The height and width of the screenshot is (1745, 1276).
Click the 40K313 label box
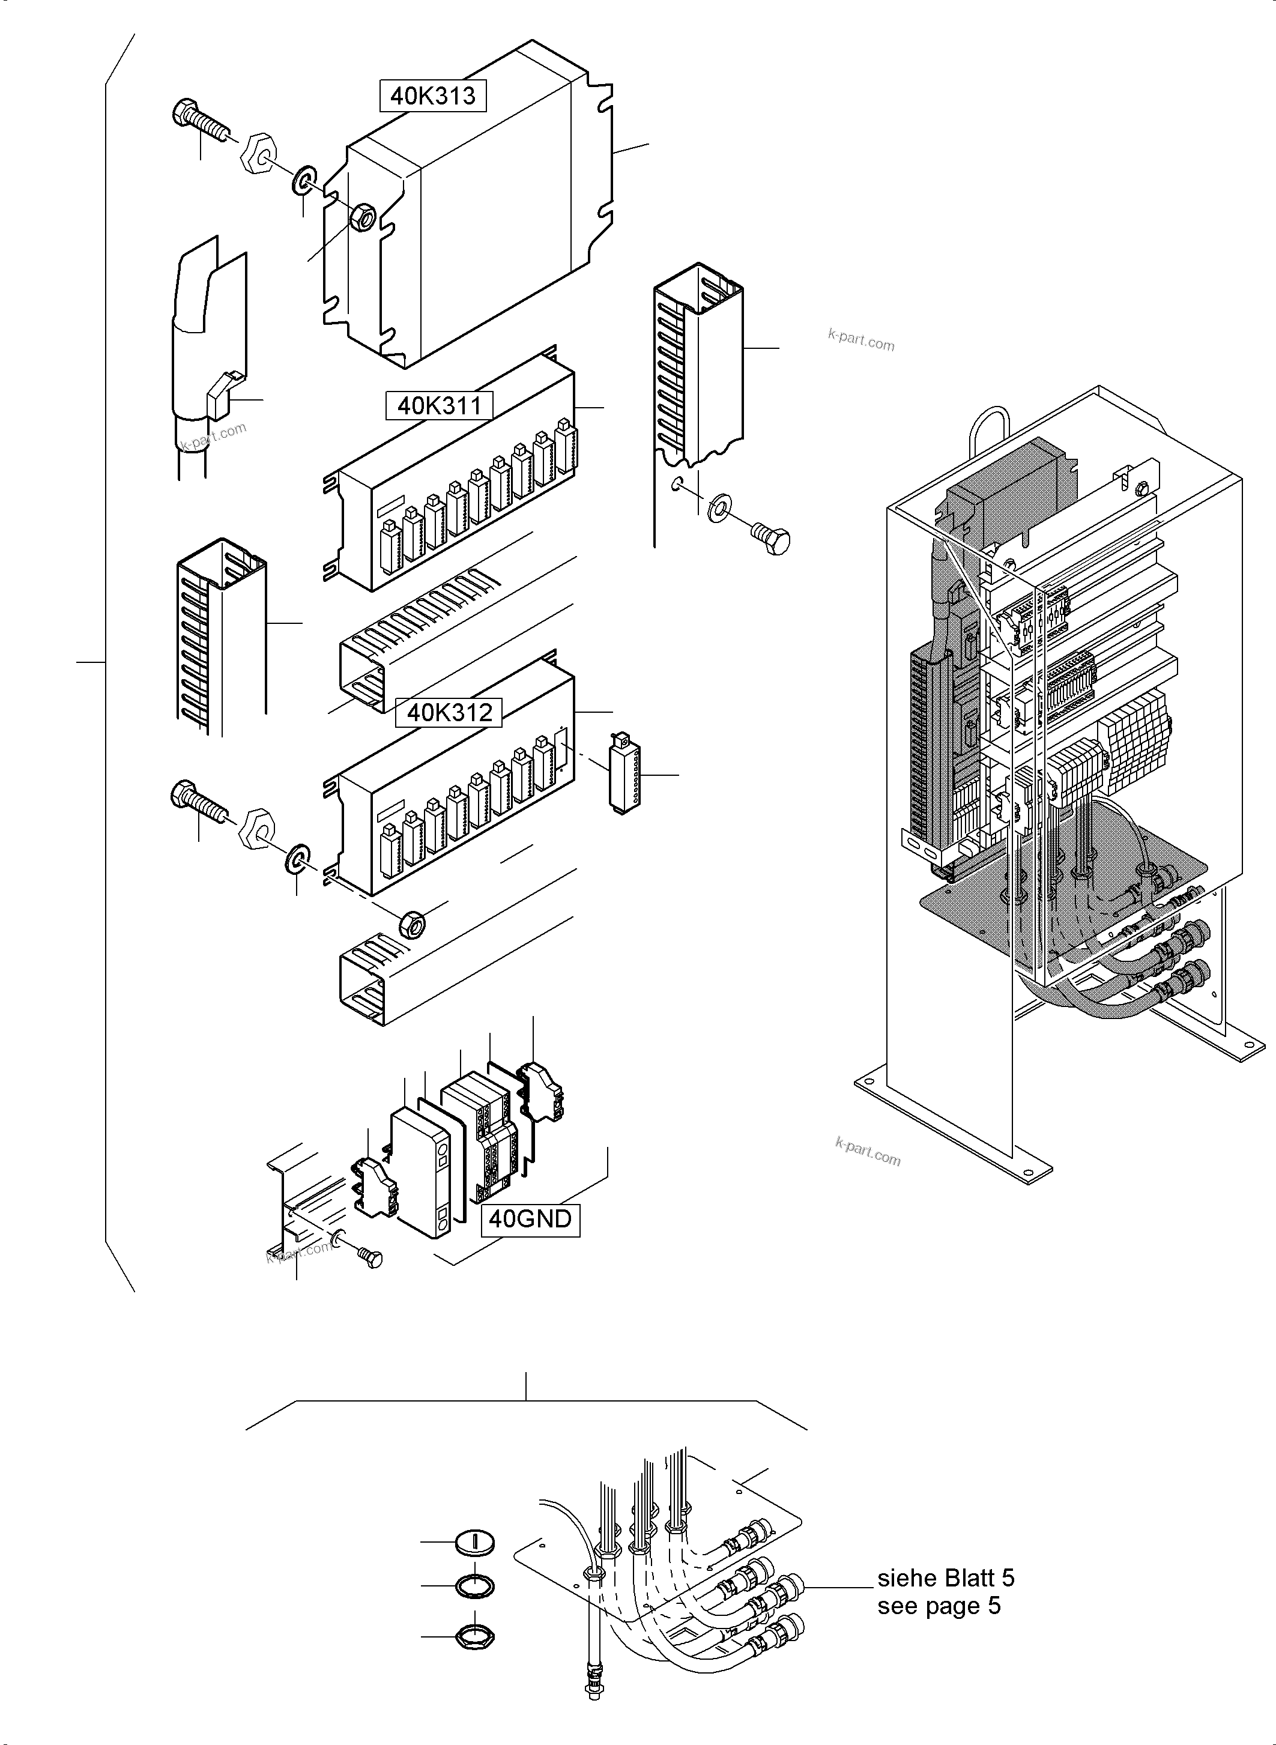pyautogui.click(x=432, y=96)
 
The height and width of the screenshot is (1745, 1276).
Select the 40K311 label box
pyautogui.click(x=439, y=405)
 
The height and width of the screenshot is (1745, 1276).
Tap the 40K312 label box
pyautogui.click(x=449, y=712)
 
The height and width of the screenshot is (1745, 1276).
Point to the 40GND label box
pyautogui.click(x=530, y=1219)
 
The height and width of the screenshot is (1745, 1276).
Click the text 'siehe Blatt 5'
pyautogui.click(x=945, y=1578)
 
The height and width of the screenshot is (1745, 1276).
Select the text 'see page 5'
pyautogui.click(x=939, y=1606)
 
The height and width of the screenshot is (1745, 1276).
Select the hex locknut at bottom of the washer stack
pyautogui.click(x=474, y=1635)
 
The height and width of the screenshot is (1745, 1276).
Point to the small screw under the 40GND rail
pyautogui.click(x=369, y=1257)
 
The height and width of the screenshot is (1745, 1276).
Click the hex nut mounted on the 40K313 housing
pyautogui.click(x=363, y=219)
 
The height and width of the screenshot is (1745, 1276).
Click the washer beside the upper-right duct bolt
pyautogui.click(x=720, y=507)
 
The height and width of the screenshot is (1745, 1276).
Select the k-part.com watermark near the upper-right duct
pyautogui.click(x=860, y=339)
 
